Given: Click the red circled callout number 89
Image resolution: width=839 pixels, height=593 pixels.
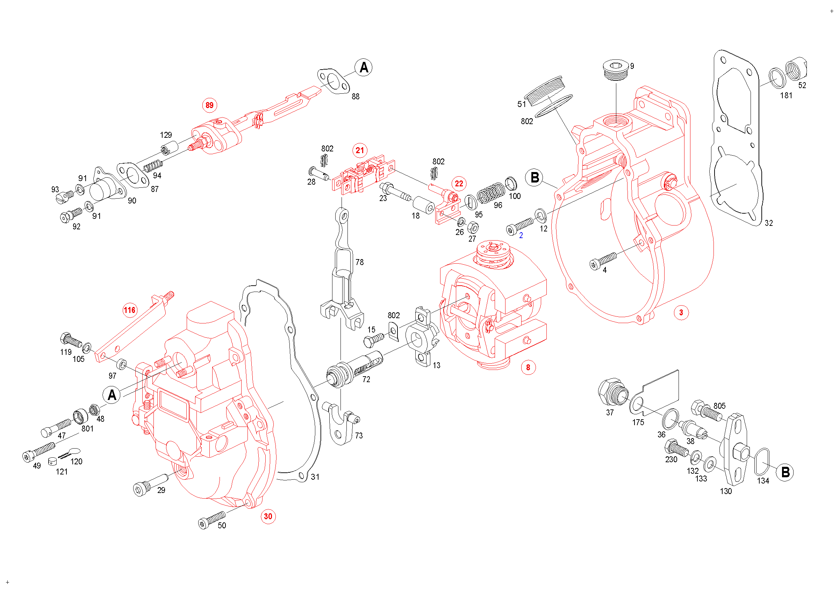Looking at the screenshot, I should [x=209, y=105].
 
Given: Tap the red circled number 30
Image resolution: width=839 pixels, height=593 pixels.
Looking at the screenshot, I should [x=268, y=516].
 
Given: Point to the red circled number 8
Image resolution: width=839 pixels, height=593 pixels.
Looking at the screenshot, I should [x=528, y=367].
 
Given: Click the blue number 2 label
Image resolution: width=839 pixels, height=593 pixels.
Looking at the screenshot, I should [x=521, y=236].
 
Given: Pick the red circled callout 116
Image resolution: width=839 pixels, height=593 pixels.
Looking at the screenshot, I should [x=129, y=310].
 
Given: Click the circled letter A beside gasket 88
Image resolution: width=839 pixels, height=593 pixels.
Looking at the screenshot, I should [x=364, y=67].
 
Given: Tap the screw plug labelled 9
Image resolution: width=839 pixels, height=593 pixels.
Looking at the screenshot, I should [x=616, y=70].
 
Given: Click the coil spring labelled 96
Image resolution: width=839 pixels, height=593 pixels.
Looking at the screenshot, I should [x=491, y=193].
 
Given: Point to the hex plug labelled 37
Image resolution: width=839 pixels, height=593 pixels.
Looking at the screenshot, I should [x=613, y=392].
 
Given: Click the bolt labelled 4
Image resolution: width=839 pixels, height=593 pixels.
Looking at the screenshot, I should [x=603, y=260].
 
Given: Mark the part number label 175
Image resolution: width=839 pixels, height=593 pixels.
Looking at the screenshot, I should [x=638, y=422].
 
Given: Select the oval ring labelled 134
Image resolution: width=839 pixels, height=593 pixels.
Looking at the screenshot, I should [x=762, y=462].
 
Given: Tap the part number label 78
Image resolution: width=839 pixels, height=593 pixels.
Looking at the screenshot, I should [x=360, y=262].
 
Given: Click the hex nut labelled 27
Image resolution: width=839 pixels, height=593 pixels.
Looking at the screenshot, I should [x=473, y=228].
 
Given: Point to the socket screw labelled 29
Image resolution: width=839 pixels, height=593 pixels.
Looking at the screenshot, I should [x=150, y=484].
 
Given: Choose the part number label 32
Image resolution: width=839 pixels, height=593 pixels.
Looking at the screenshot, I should [x=769, y=223].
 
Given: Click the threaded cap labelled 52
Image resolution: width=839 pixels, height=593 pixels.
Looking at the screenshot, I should [x=796, y=68].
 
